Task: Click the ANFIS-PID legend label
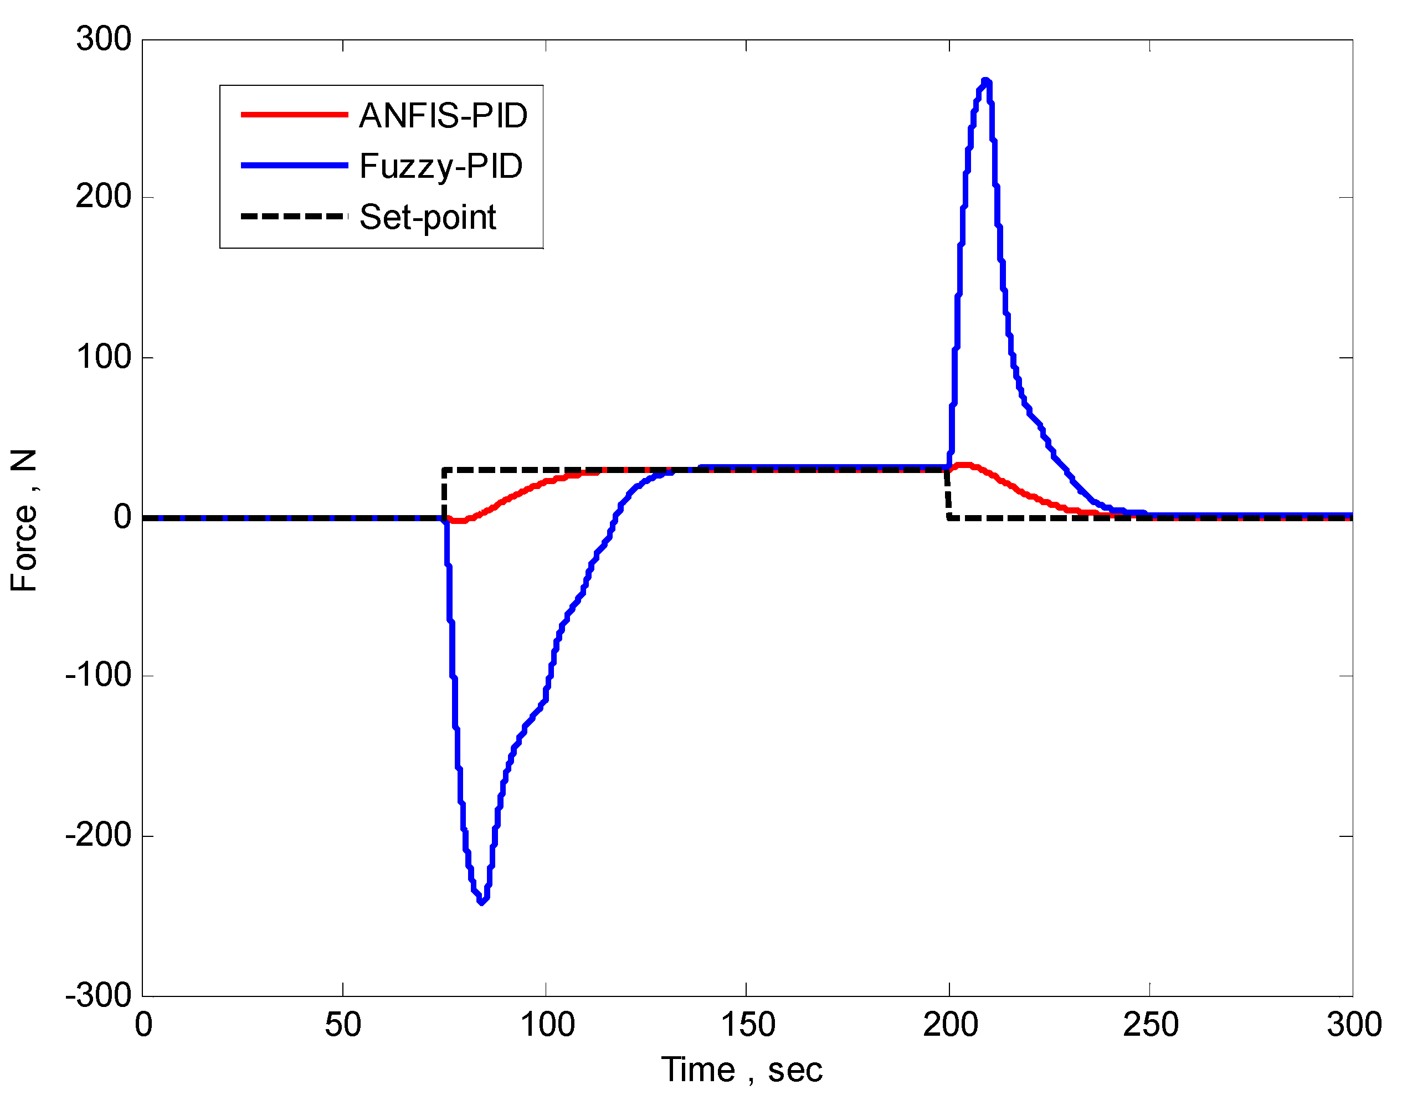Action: [x=443, y=116]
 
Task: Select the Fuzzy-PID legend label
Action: [x=440, y=166]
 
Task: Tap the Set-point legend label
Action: [x=428, y=217]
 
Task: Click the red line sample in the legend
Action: [x=294, y=115]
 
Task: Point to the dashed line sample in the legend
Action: [x=294, y=217]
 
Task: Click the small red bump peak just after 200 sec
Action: [x=964, y=465]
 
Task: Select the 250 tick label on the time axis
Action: [x=1150, y=1025]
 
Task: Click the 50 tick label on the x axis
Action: [x=343, y=1025]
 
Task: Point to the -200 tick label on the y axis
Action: [x=98, y=835]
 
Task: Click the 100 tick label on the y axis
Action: [x=104, y=357]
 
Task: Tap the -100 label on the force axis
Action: [x=98, y=675]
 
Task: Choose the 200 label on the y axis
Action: [x=104, y=197]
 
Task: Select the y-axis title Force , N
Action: [x=24, y=521]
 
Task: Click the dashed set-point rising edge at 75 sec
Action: [x=444, y=494]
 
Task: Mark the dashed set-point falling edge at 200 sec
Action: [x=948, y=495]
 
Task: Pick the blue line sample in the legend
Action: [x=294, y=166]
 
